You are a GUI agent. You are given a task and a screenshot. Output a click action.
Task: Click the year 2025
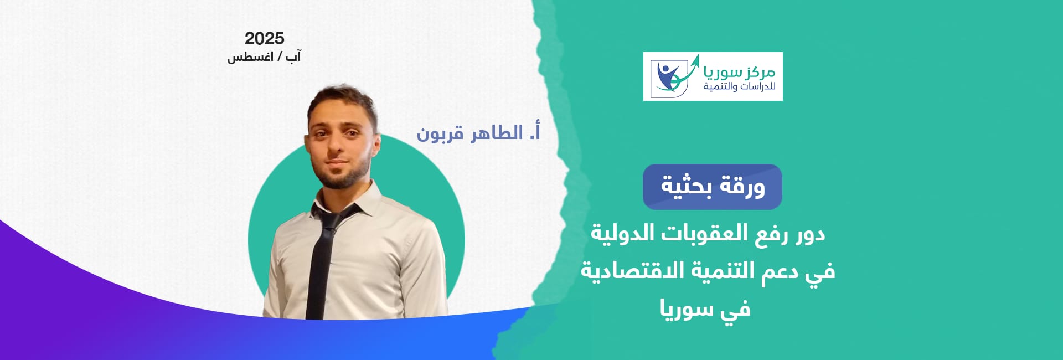[264, 38]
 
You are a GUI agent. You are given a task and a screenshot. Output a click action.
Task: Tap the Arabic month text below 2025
[264, 56]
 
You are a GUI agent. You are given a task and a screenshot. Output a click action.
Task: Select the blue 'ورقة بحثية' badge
[712, 187]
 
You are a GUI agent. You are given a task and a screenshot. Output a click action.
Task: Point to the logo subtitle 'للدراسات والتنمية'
[739, 87]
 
